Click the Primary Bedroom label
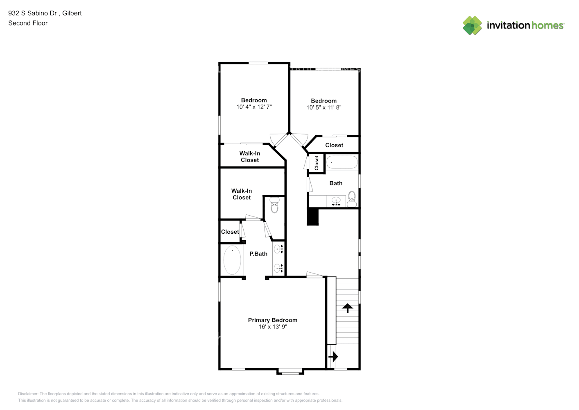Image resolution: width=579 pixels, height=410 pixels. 273,320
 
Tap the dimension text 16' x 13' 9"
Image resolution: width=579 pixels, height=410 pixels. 273,327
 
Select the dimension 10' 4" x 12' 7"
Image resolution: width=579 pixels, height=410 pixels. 254,107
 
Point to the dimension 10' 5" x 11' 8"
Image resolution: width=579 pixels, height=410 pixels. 323,107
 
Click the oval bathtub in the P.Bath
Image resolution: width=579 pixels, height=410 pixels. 232,260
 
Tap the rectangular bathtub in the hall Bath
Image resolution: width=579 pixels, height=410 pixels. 342,162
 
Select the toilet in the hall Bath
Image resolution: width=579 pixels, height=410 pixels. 352,199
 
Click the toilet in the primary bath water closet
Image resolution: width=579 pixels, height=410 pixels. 274,205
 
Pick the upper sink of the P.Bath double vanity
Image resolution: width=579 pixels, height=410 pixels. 278,249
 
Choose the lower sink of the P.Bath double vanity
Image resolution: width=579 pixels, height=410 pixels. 278,269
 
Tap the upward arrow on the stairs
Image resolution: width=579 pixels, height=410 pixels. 347,308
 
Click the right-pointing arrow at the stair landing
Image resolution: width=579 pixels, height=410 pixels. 333,357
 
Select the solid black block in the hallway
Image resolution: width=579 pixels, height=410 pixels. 313,216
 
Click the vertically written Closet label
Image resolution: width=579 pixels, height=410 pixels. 317,163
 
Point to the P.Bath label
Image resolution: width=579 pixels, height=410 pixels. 258,254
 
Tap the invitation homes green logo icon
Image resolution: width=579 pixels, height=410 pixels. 472,25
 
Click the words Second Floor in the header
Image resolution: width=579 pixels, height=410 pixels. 28,23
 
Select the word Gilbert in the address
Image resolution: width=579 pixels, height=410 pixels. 72,13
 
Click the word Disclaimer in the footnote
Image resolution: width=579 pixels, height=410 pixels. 28,394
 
